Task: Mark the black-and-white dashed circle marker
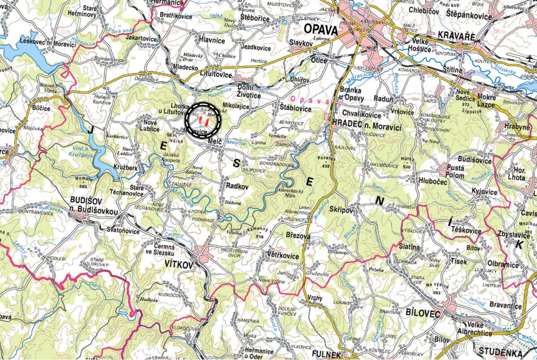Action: [x=204, y=120]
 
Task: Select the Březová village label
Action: [x=298, y=235]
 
